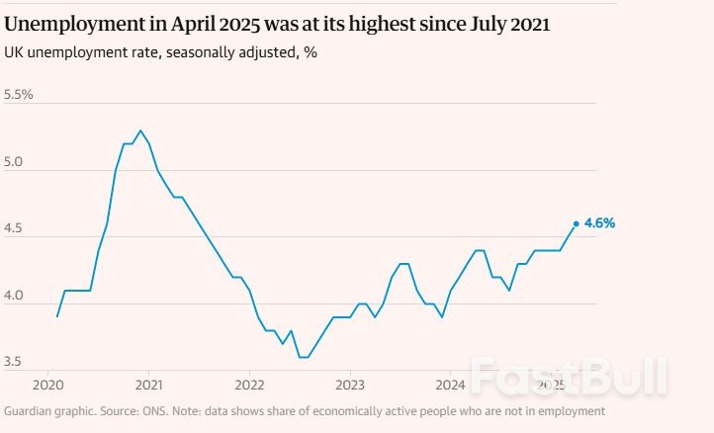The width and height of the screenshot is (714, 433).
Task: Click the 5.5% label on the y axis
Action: [19, 95]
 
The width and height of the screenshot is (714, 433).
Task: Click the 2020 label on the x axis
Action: [47, 384]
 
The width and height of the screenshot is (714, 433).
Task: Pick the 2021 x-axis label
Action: [148, 384]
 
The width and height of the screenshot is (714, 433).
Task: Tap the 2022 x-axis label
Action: [249, 384]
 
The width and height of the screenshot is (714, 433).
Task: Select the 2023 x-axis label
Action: [350, 384]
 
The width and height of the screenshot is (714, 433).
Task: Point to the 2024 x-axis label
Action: [451, 384]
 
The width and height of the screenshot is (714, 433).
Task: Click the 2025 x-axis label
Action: [551, 384]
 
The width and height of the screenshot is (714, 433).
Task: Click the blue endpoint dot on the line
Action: [577, 223]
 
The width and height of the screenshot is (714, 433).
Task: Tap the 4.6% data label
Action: [600, 223]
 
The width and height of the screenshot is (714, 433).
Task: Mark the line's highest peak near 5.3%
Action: [140, 130]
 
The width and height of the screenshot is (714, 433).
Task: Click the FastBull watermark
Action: [569, 376]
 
